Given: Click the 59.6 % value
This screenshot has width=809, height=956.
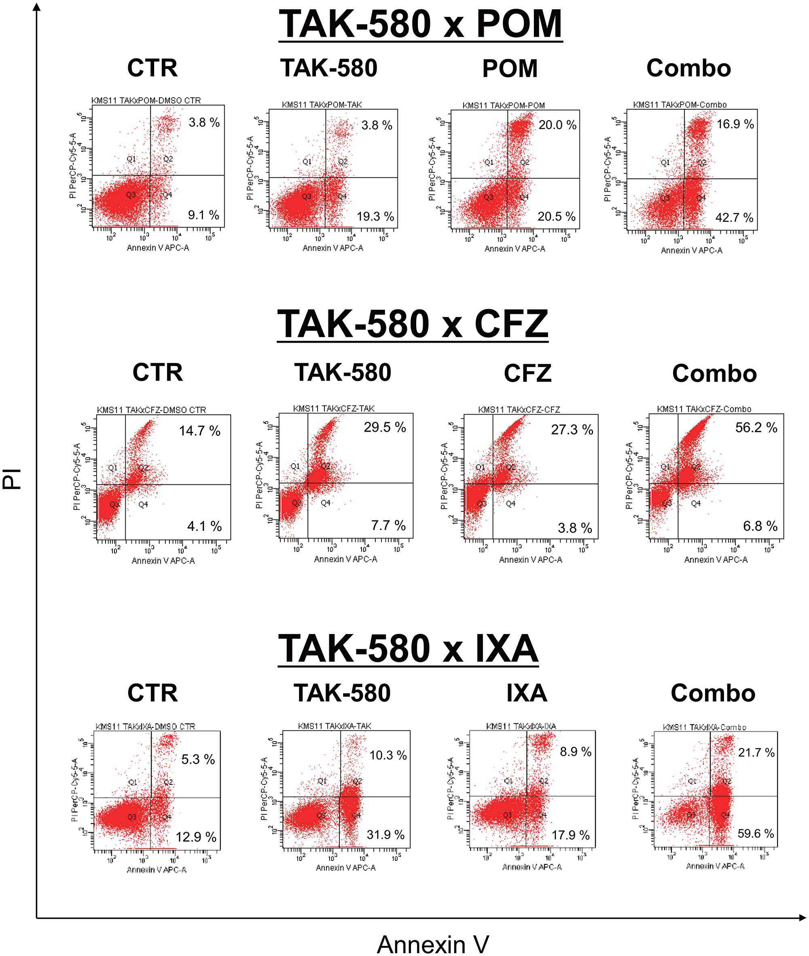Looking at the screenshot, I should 755,833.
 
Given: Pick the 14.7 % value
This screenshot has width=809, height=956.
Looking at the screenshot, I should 199,431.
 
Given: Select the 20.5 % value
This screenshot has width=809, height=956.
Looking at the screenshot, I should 556,216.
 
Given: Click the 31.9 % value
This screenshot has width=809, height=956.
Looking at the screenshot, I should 385,835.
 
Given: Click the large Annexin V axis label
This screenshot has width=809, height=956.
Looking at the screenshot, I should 432,944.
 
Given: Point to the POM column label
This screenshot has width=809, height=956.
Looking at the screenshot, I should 510,69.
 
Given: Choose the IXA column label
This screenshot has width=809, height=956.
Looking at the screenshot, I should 527,693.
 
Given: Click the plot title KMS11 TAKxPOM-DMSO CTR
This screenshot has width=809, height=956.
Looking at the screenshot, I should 146,100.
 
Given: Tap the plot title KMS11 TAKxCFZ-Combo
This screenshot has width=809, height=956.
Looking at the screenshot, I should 703,409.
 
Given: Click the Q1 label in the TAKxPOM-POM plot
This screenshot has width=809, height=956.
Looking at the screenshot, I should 489,162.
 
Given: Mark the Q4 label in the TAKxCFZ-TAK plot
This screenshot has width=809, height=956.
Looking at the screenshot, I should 326,503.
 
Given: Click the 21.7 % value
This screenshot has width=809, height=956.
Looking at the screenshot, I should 756,753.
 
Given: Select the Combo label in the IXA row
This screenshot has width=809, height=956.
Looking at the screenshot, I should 713,693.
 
